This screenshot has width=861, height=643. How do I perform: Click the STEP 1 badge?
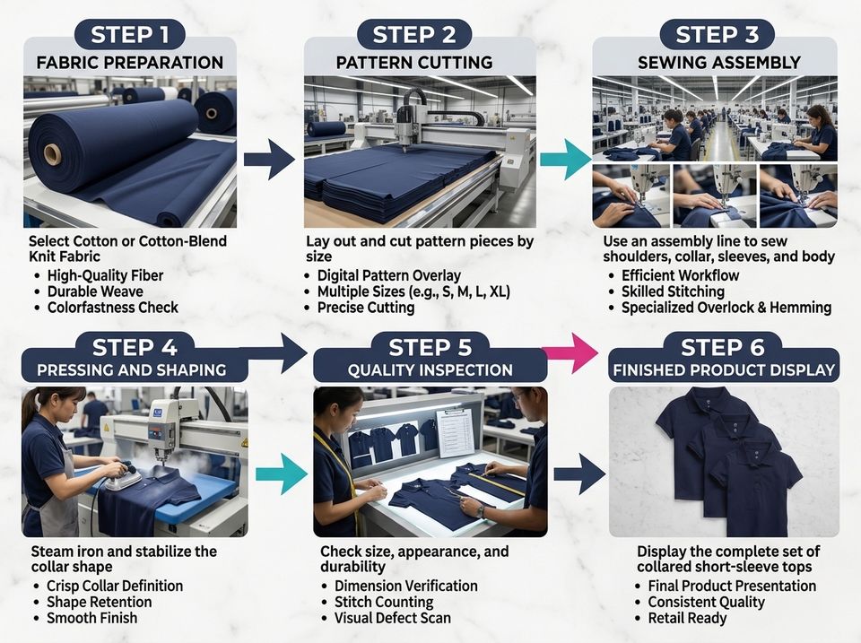pyautogui.click(x=129, y=35)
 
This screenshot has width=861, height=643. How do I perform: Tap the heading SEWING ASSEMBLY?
pyautogui.click(x=718, y=63)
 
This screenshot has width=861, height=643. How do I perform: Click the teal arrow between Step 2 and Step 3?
pyautogui.click(x=565, y=160)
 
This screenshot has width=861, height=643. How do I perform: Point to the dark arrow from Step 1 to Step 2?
pyautogui.click(x=269, y=160)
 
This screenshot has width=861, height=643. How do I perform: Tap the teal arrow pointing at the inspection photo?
pyautogui.click(x=281, y=474)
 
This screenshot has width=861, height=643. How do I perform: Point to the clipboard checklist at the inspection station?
pyautogui.click(x=456, y=432)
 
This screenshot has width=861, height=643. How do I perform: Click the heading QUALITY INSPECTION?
pyautogui.click(x=430, y=370)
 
